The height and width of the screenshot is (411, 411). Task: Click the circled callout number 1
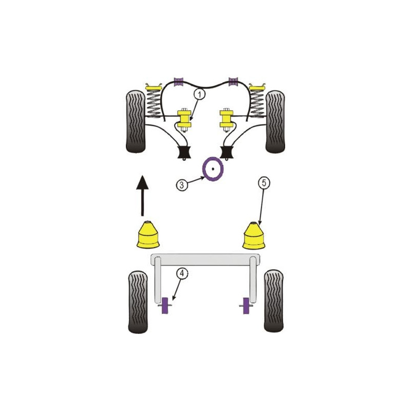coord(200,94)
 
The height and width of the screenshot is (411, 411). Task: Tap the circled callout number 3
coord(182,185)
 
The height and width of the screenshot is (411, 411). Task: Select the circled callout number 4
coord(182,273)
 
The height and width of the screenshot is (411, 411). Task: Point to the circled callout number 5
coord(264,182)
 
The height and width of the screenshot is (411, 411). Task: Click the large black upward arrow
coord(142,196)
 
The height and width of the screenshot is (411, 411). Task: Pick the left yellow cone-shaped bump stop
coord(148,235)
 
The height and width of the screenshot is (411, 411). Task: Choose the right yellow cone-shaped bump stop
coord(254,236)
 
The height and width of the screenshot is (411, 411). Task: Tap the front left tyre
coord(136,122)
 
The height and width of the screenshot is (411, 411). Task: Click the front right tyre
coord(275,122)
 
